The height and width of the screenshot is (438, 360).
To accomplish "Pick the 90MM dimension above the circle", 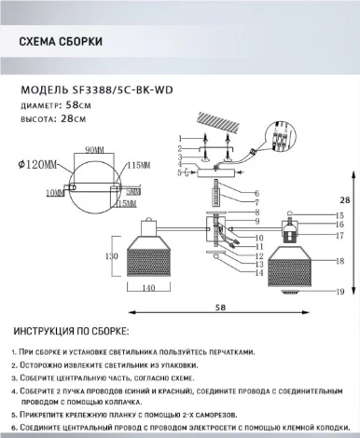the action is point(91,150).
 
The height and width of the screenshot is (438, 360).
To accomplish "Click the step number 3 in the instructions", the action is point(12,381).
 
